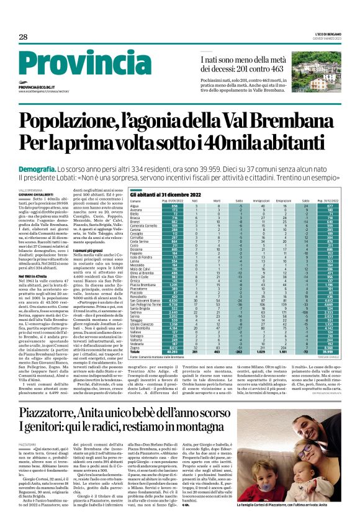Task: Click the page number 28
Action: tap(22, 37)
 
